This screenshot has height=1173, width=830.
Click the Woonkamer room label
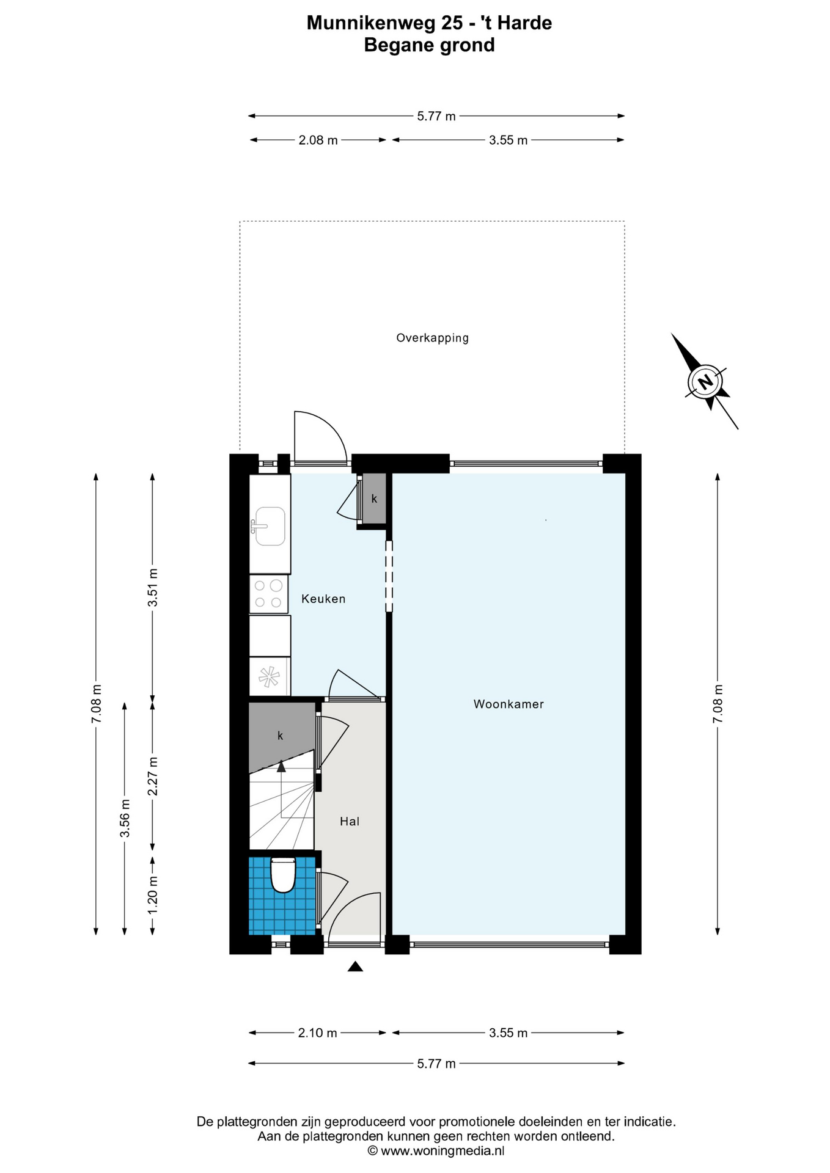509,704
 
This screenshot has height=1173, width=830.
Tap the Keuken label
323,599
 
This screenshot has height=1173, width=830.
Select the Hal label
350,821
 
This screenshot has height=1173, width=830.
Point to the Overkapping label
432,338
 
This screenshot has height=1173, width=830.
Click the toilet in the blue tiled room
283,875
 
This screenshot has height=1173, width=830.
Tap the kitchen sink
270,525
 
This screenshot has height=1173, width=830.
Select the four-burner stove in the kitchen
269,594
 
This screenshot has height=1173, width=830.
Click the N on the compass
706,382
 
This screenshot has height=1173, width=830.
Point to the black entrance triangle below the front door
355,966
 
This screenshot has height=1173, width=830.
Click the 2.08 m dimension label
318,140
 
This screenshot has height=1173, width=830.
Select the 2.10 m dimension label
318,1032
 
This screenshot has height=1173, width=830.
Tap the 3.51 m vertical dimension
153,587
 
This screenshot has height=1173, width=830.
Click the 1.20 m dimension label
153,894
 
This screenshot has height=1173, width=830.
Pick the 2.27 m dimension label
153,776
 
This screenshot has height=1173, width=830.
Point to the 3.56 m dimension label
125,818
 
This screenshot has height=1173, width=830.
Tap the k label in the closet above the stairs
281,736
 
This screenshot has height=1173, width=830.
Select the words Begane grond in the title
430,45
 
